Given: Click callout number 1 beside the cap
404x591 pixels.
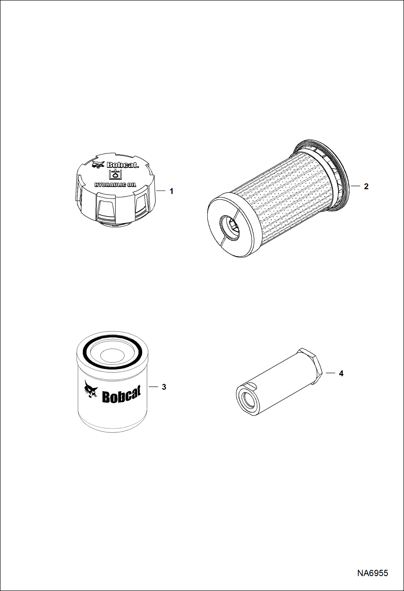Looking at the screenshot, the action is point(171,191).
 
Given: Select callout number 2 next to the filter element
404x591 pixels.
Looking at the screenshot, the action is point(366,186).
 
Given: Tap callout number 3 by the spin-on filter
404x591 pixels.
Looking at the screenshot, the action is point(164,387).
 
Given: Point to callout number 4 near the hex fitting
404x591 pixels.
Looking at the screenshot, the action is point(341,374).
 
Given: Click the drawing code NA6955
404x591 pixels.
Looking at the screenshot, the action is point(373,573).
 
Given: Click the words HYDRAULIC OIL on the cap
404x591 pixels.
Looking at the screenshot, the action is point(115,185).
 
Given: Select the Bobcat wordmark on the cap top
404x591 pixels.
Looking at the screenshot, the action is point(123,165).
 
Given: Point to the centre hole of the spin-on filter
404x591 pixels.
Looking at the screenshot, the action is point(110,354).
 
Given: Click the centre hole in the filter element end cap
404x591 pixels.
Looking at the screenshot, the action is point(230,227).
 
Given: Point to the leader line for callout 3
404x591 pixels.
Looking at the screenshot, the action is point(153,387).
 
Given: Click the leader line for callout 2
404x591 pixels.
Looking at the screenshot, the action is point(356,186).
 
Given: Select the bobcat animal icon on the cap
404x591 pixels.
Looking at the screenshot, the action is point(98,164).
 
